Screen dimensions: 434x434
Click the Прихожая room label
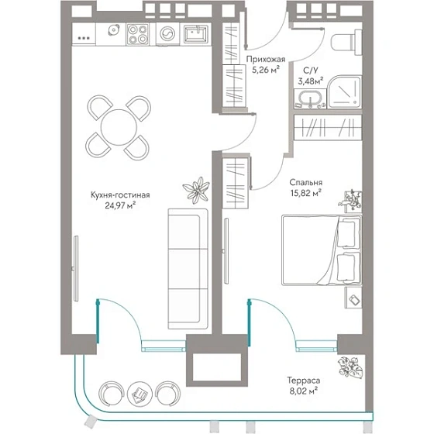point(266,59)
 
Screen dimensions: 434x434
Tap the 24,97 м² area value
point(120,205)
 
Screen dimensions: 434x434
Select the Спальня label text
point(306,182)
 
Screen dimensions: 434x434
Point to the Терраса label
point(304,380)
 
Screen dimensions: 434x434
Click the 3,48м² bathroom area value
point(311,81)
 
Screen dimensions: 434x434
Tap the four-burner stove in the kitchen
point(138,34)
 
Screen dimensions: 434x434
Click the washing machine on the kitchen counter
point(167,34)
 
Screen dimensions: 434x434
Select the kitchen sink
point(196,33)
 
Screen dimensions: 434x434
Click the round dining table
point(119,127)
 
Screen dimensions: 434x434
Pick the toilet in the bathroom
point(346,42)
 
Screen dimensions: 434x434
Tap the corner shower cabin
point(345,91)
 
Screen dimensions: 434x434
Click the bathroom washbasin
point(310,99)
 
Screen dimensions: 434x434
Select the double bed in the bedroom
point(322,250)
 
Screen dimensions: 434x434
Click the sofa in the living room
point(188,269)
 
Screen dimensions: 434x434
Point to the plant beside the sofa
point(196,190)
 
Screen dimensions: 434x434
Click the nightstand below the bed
point(353,298)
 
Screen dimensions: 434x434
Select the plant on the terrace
point(350,367)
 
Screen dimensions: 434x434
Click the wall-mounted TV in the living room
point(76,268)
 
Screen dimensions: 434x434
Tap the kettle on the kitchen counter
point(114,29)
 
